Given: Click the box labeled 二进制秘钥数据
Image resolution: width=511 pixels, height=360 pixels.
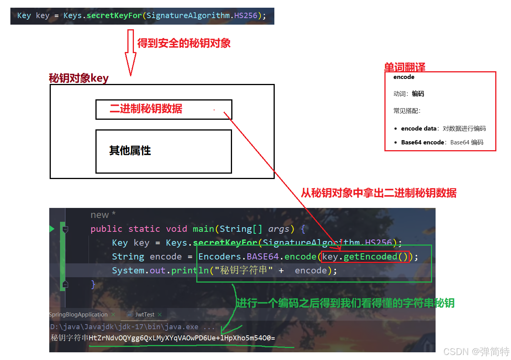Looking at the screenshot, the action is (x=164, y=109).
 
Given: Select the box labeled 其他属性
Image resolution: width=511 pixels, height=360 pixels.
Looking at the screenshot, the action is (x=164, y=151).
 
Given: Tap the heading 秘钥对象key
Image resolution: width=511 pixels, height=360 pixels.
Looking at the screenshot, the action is (x=78, y=78).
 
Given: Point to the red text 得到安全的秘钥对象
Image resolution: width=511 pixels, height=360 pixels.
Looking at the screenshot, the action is (x=184, y=43).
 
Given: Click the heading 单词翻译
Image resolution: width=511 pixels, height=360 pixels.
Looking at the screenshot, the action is (x=404, y=67).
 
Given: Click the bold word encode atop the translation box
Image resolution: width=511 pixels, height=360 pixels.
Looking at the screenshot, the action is (x=404, y=77).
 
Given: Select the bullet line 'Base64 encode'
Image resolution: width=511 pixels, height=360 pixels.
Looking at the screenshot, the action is (x=442, y=142).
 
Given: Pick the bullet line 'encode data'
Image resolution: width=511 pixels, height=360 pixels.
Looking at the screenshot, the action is (x=443, y=129).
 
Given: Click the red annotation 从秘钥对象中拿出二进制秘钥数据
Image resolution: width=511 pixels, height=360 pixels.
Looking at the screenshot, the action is (x=379, y=193).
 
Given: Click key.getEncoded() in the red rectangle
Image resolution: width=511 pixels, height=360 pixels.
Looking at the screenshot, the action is (x=365, y=257).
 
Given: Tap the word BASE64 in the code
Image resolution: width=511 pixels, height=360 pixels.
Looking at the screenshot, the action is (x=262, y=257).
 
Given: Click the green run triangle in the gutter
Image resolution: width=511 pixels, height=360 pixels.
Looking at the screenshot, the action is (x=52, y=229).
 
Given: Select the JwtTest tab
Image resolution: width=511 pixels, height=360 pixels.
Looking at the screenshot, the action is (x=145, y=315).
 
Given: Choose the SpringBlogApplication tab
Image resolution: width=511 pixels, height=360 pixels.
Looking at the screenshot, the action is (x=78, y=315).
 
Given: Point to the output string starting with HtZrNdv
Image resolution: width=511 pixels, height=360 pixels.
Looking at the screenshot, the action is (x=182, y=338).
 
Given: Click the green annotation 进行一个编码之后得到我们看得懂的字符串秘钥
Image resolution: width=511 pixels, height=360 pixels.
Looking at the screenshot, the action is (x=345, y=303).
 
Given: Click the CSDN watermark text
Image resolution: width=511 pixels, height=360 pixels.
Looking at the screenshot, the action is (x=476, y=352).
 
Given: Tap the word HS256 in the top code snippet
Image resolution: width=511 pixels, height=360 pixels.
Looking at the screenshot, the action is (x=245, y=16).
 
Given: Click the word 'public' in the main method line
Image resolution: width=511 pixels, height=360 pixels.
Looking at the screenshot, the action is (x=106, y=229).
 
